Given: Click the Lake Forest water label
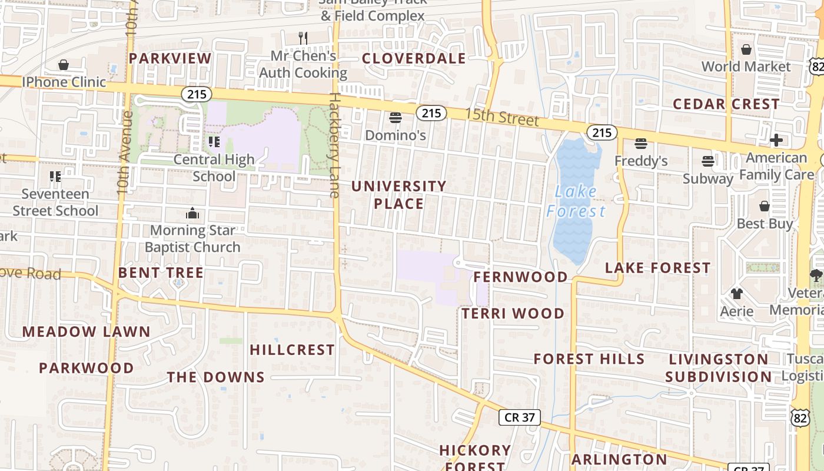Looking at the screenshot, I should (x=576, y=201).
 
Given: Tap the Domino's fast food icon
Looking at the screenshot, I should (x=396, y=118).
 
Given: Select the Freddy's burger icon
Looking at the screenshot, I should (x=640, y=144).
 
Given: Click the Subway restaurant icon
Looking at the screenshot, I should (x=708, y=161).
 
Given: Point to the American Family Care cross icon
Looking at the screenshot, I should (x=776, y=140).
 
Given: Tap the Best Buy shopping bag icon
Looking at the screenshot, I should (x=764, y=206).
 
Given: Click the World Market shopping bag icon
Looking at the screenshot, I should (x=746, y=49).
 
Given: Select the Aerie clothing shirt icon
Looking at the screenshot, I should (x=736, y=293).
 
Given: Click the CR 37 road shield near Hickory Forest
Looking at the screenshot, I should (x=520, y=417).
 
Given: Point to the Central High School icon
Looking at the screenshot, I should (x=214, y=142).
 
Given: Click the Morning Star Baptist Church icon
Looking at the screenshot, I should (x=192, y=213).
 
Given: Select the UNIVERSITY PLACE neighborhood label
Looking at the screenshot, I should (x=399, y=195).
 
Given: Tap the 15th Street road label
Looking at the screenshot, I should (x=501, y=117).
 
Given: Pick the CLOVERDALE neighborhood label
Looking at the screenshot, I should (x=414, y=58).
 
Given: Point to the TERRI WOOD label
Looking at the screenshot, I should (x=513, y=313).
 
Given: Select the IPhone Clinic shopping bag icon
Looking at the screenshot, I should (x=64, y=65).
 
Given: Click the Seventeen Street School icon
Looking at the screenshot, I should (x=55, y=176).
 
